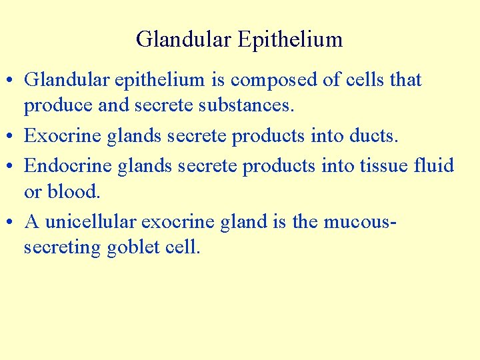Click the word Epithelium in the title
pos(289,40)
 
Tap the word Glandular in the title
pos(183,39)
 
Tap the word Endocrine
pos(68,165)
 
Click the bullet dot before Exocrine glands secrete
pos(11,137)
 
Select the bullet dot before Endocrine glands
pos(11,165)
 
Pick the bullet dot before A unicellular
pos(11,221)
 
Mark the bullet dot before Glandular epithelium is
pos(11,81)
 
